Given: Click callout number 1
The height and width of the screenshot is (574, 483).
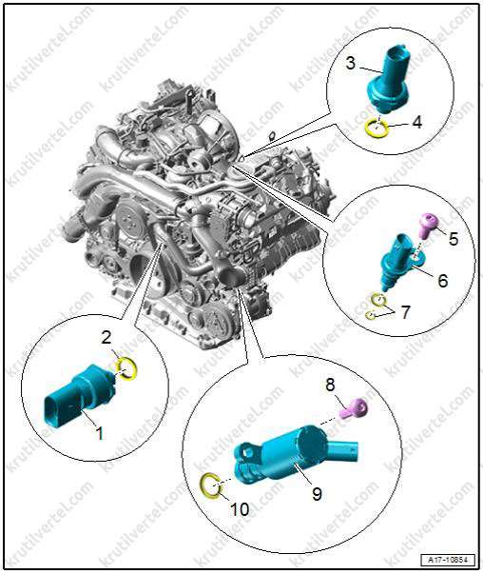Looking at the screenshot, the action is tap(98, 433).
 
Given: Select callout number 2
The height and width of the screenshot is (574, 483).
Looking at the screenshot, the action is tap(106, 338).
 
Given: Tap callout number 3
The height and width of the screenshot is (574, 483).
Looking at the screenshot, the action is tap(350, 64).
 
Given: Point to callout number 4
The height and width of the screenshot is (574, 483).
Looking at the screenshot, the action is tap(416, 122).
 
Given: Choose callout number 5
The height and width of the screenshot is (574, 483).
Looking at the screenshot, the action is tap(453, 239).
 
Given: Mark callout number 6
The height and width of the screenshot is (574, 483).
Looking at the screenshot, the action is tap(442, 281).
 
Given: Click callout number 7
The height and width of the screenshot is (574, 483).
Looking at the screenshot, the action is tap(406, 313).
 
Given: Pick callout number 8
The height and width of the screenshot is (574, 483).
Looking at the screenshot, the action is tap(330, 385).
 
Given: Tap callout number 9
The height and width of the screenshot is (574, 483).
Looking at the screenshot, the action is tap(317, 494).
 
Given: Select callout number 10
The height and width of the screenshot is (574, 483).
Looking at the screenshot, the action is tap(240, 509).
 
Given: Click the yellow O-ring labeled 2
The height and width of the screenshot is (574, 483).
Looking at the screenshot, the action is tap(126, 368).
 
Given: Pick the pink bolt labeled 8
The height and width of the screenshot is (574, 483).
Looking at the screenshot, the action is tap(354, 408).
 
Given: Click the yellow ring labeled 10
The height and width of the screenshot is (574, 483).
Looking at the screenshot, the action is tap(211, 486).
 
